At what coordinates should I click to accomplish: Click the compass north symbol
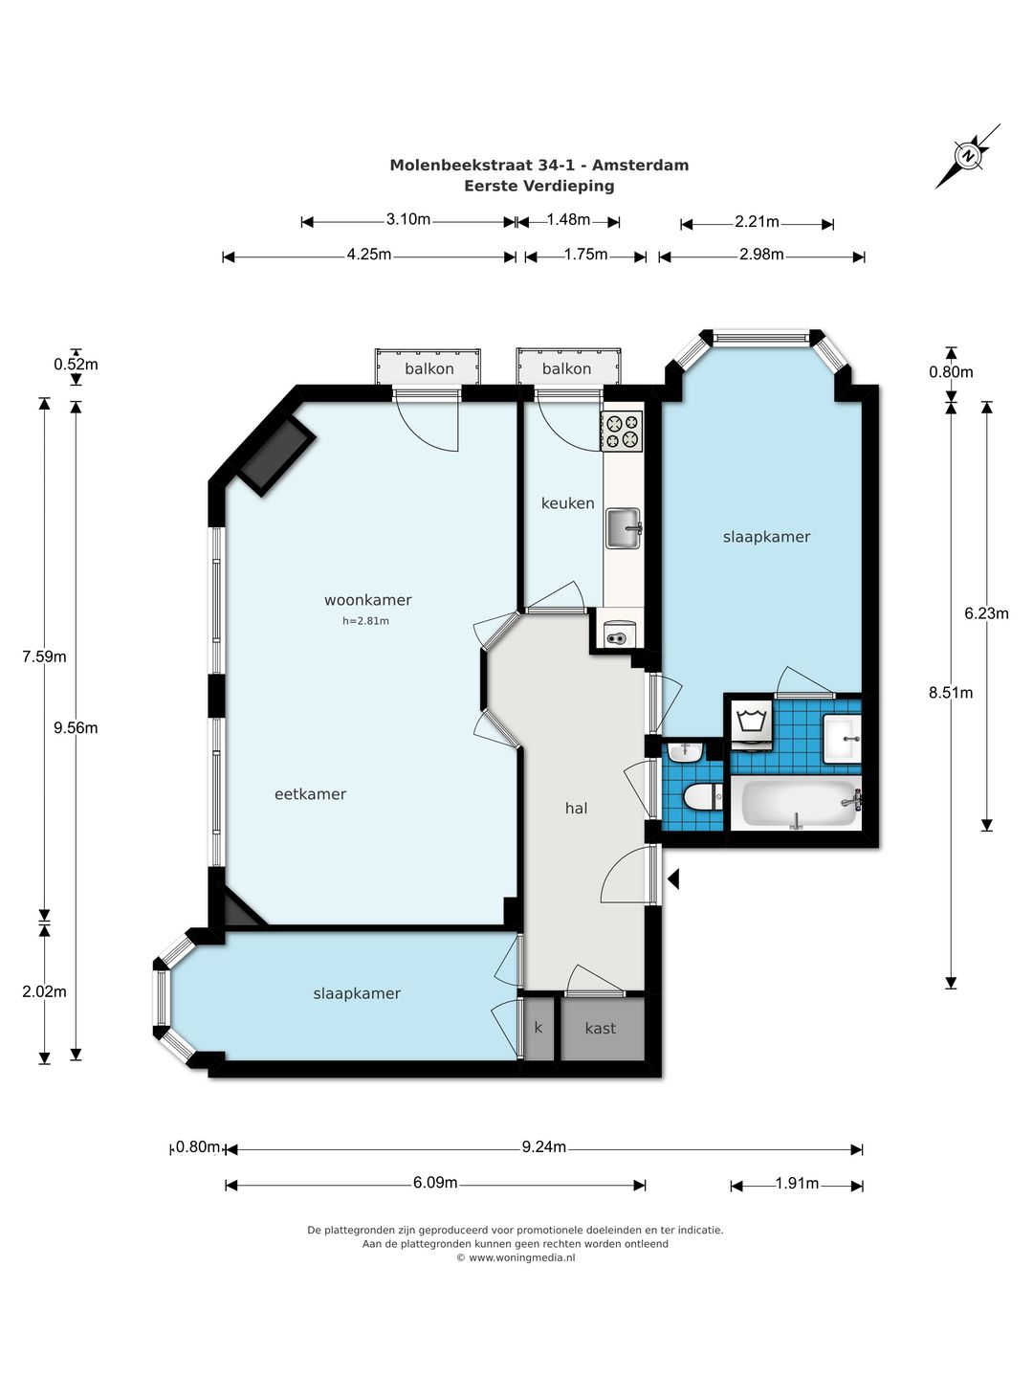[968, 156]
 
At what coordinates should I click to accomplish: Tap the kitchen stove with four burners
[622, 431]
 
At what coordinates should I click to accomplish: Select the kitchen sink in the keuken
[624, 528]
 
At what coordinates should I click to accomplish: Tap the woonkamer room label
[368, 600]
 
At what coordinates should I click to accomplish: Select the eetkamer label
[311, 794]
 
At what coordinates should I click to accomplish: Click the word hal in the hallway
[577, 808]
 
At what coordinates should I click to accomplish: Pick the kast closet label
[601, 1029]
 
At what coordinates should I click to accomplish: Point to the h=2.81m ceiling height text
[365, 621]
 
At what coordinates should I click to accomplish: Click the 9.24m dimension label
[544, 1147]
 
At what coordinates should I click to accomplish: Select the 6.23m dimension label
[986, 613]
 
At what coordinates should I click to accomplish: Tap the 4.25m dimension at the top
[369, 255]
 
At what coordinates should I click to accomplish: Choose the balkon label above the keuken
[566, 368]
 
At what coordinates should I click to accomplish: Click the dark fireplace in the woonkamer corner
[276, 457]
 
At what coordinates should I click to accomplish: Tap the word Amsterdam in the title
[641, 166]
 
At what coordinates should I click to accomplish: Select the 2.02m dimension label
[44, 991]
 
